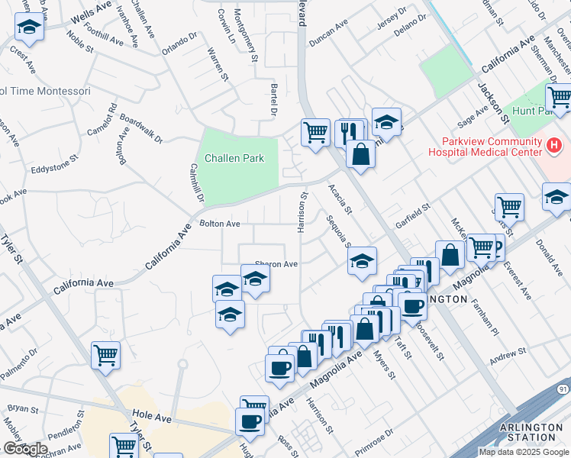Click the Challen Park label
tap(234, 159)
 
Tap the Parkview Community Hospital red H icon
tap(554, 144)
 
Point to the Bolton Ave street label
tap(220, 224)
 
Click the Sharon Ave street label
tap(276, 264)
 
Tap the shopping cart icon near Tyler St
tap(105, 354)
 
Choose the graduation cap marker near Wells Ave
tap(29, 27)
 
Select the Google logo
tap(25, 449)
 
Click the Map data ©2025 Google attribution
tap(524, 452)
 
